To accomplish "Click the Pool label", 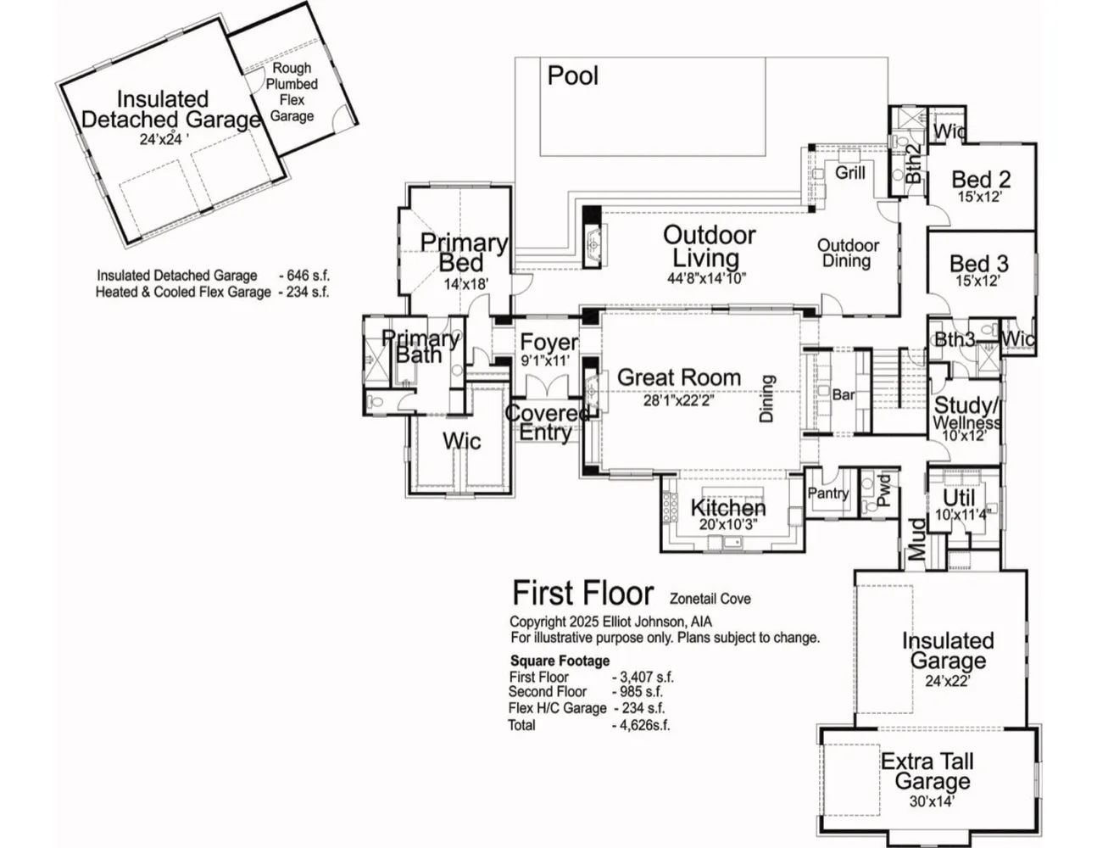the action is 572,75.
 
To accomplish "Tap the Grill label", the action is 850,173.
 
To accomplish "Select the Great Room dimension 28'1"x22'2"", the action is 678,400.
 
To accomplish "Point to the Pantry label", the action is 828,494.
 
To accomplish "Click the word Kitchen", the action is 728,507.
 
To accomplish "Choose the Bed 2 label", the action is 981,179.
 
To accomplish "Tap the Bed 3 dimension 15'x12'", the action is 977,281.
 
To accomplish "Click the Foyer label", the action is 549,343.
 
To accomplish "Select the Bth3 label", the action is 954,339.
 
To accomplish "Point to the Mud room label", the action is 917,539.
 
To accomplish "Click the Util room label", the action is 959,499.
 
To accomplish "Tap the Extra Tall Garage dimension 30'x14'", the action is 933,801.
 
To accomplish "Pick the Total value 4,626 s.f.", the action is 641,725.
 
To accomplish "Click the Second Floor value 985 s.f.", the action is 638,691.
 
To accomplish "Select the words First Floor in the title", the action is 583,593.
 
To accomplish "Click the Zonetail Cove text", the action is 710,599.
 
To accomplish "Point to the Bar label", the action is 843,394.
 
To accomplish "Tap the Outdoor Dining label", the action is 848,254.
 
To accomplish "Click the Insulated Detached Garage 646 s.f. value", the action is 304,276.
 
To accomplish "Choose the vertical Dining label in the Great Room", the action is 767,399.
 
